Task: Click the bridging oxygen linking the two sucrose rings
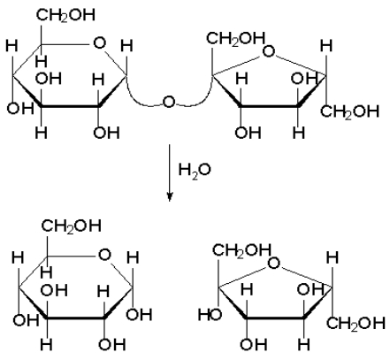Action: tap(169, 102)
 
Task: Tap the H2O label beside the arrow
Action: tap(195, 170)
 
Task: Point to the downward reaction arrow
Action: tap(169, 172)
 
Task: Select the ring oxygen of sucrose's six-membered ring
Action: tap(99, 43)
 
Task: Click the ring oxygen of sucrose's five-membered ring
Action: tap(268, 51)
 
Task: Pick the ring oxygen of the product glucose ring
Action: tap(104, 255)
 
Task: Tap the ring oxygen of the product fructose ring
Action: tap(273, 263)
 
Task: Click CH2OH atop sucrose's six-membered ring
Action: tap(65, 15)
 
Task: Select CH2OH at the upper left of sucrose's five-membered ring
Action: tap(235, 38)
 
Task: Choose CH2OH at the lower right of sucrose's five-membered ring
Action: tap(349, 111)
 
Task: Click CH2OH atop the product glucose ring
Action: tap(72, 226)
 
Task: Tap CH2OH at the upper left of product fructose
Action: tap(241, 250)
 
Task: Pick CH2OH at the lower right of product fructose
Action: tap(356, 323)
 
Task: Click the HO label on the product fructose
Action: tap(210, 315)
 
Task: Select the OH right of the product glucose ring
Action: tap(139, 314)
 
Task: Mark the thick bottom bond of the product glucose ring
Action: tap(75, 318)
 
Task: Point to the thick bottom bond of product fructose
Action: tap(275, 318)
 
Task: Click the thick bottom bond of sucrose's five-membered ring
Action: tap(270, 105)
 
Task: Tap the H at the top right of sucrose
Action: tap(326, 46)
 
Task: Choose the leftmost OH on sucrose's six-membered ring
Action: tap(20, 108)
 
